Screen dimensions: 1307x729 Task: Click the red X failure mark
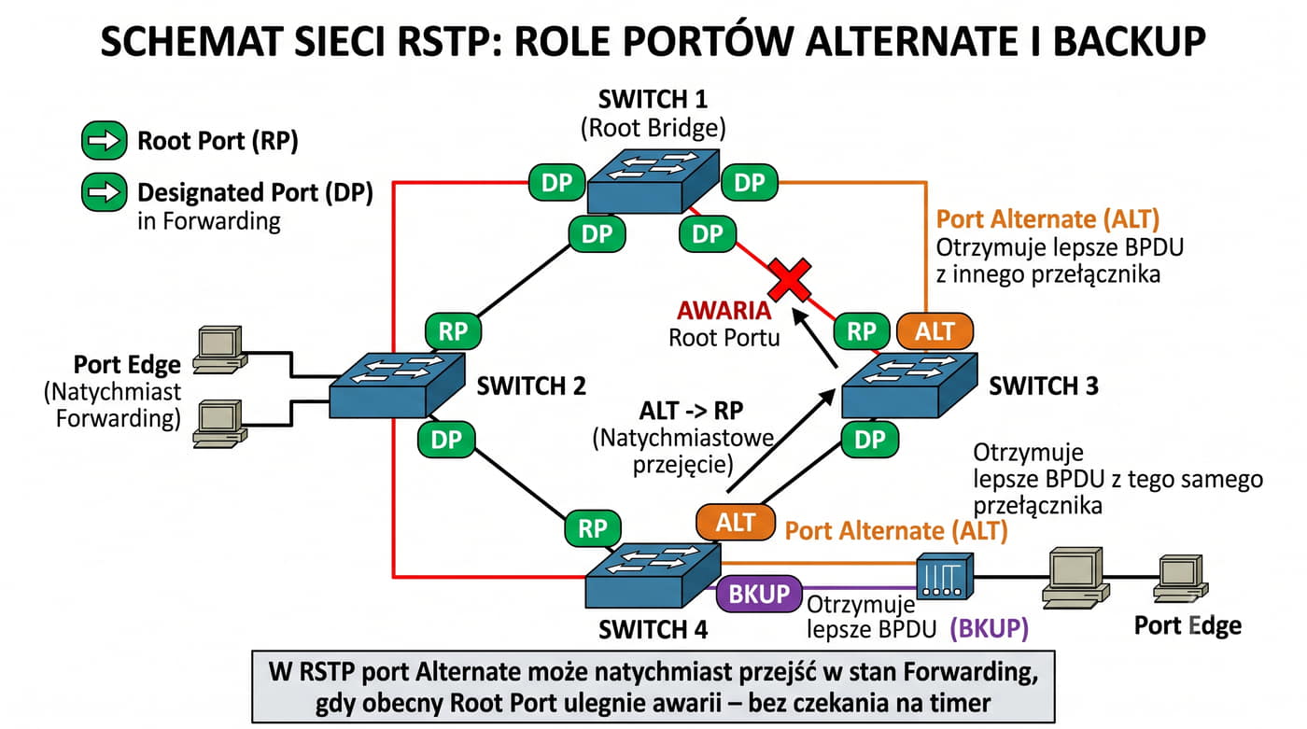[790, 280]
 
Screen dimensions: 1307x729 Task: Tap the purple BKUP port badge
[758, 594]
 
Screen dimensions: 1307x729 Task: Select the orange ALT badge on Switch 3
[935, 331]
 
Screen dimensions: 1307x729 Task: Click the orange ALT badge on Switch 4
[736, 522]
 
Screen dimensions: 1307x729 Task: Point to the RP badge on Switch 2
[454, 331]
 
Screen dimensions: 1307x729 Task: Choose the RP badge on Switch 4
[592, 528]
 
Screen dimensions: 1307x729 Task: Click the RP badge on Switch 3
[862, 331]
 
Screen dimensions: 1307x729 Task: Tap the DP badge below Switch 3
[869, 439]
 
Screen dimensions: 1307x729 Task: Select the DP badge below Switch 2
[446, 439]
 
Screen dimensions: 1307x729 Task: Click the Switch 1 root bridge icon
[653, 181]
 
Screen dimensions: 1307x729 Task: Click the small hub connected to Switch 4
[945, 576]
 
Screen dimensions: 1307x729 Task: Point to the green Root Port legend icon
[105, 141]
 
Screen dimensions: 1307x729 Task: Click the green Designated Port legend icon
[105, 192]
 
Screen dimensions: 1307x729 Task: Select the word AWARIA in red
[724, 310]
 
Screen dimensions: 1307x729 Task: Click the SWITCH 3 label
[1044, 386]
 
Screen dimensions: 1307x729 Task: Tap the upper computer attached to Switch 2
[219, 349]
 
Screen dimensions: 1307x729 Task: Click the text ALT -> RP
[691, 411]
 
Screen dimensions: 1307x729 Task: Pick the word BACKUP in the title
[1130, 41]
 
